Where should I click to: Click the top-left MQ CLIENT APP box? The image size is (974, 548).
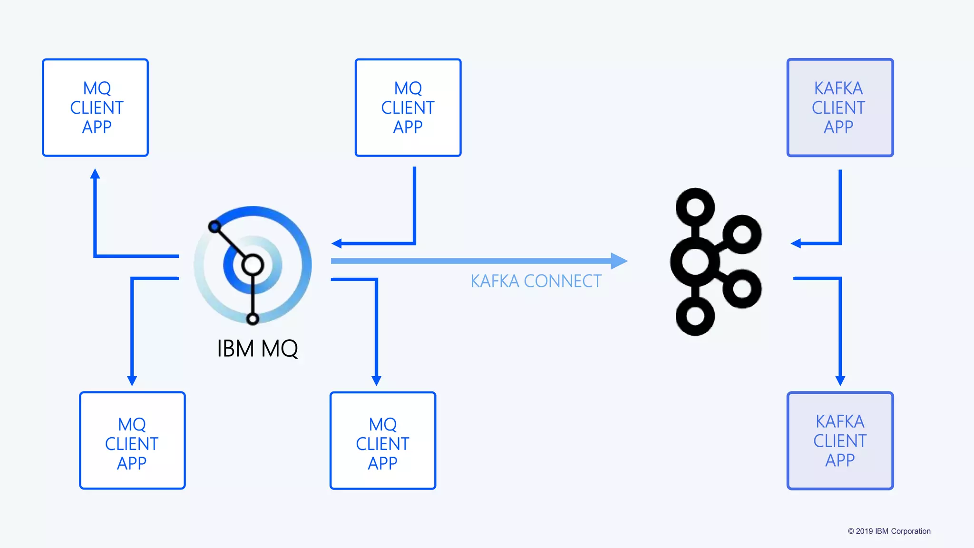pyautogui.click(x=95, y=108)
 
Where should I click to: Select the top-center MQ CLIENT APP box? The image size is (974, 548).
pyautogui.click(x=408, y=108)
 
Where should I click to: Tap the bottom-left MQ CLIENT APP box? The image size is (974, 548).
pyautogui.click(x=132, y=440)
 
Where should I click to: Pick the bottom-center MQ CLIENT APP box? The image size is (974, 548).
pyautogui.click(x=383, y=440)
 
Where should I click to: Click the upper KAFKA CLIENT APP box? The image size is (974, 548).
pyautogui.click(x=840, y=108)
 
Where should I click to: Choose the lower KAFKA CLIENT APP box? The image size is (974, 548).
pyautogui.click(x=840, y=440)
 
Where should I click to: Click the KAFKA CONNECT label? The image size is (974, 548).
pyautogui.click(x=536, y=281)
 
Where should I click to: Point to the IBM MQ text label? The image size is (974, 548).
pyautogui.click(x=257, y=349)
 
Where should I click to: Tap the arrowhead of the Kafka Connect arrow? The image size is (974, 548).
pyautogui.click(x=619, y=261)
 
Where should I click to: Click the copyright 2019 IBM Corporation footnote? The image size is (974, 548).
pyautogui.click(x=889, y=531)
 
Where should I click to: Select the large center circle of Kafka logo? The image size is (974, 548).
pyautogui.click(x=695, y=261)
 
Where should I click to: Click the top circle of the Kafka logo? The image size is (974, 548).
pyautogui.click(x=695, y=207)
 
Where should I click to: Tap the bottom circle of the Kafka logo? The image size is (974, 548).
pyautogui.click(x=695, y=316)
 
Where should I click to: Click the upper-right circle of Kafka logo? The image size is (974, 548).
pyautogui.click(x=742, y=234)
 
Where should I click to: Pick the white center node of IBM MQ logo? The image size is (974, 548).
pyautogui.click(x=253, y=265)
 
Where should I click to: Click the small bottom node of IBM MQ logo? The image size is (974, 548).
pyautogui.click(x=253, y=319)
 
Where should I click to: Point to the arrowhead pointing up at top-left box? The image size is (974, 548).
pyautogui.click(x=95, y=174)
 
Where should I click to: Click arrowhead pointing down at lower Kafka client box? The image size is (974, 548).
pyautogui.click(x=840, y=381)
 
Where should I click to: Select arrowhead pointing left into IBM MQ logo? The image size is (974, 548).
pyautogui.click(x=337, y=244)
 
